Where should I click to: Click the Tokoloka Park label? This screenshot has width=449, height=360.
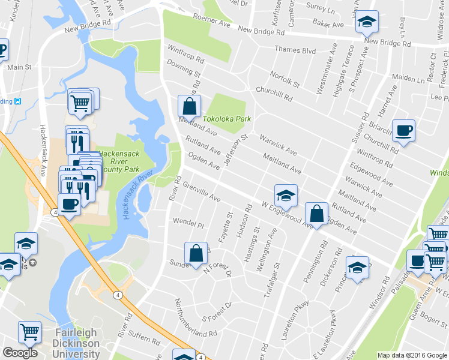(x=227, y=119)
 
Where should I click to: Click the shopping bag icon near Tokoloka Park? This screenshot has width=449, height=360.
(x=189, y=106)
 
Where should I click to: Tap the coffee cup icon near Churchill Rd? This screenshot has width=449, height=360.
(x=403, y=130)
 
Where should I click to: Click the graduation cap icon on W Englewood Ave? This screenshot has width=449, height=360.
(x=286, y=194)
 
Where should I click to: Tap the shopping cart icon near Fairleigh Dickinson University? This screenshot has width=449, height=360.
(x=30, y=331)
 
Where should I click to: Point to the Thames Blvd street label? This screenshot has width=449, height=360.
(x=295, y=51)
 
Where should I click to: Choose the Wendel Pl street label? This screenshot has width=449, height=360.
(x=188, y=223)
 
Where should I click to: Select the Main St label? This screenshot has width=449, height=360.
(x=19, y=67)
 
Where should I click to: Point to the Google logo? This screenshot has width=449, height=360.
(x=20, y=353)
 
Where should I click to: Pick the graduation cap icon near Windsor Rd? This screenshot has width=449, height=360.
(x=357, y=268)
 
